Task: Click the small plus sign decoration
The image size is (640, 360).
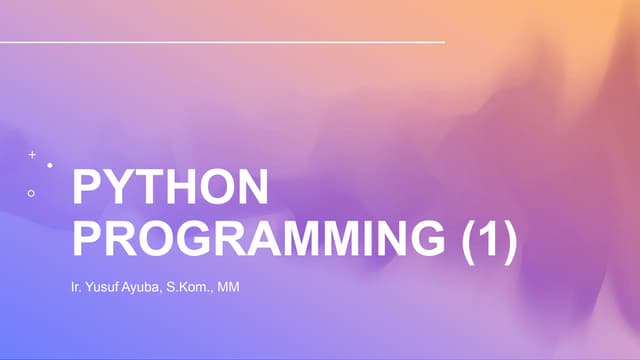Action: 32,155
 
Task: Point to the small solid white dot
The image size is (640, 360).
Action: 50,164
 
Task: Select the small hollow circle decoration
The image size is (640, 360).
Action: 32,192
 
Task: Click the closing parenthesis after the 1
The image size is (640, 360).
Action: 509,242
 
